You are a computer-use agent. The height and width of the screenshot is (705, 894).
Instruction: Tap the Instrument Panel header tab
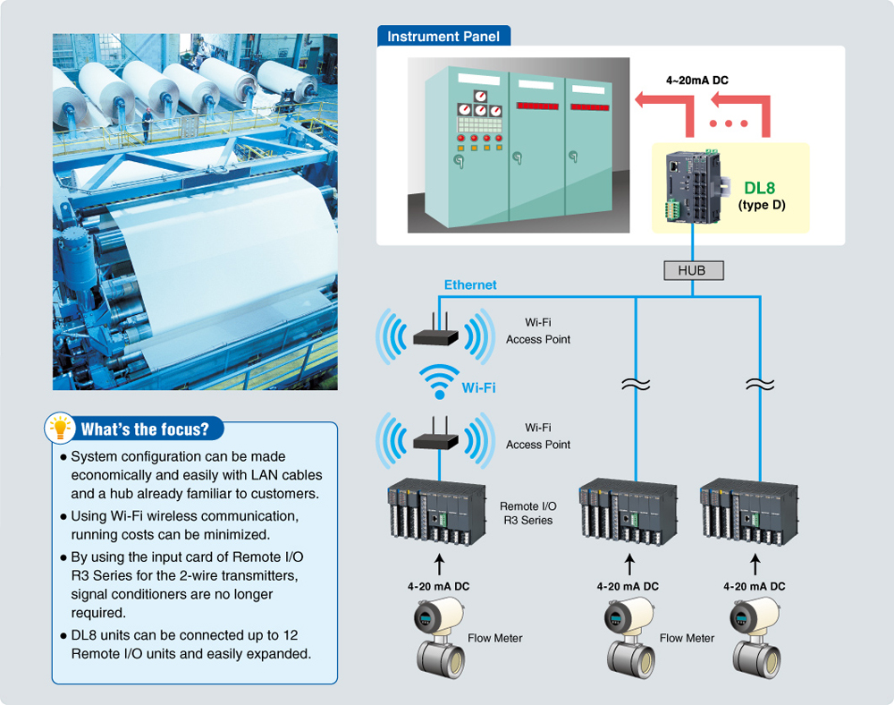(x=443, y=37)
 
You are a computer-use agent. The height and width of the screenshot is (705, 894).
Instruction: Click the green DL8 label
(x=761, y=188)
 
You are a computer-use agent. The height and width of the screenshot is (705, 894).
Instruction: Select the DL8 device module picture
(x=694, y=186)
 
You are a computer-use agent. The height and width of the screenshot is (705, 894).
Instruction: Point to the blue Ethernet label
(x=470, y=285)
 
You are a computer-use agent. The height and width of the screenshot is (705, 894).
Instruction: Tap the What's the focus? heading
(x=145, y=429)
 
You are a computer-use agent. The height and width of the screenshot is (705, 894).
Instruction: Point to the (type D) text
(x=761, y=205)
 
